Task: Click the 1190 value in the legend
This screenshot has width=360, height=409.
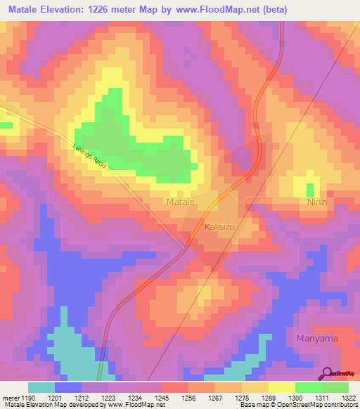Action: coord(28,397)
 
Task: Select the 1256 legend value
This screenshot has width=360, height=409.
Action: coord(188,397)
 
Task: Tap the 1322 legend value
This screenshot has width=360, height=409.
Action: coord(348,397)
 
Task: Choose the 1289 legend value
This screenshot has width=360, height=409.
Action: coord(269,397)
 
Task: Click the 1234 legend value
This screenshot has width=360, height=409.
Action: coord(135,397)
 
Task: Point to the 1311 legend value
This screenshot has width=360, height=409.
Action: coord(321,397)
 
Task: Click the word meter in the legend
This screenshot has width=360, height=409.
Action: coord(10,397)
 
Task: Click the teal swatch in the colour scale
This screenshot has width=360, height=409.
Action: coord(41,387)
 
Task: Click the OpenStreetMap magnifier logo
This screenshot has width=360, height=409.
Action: coord(327,373)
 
